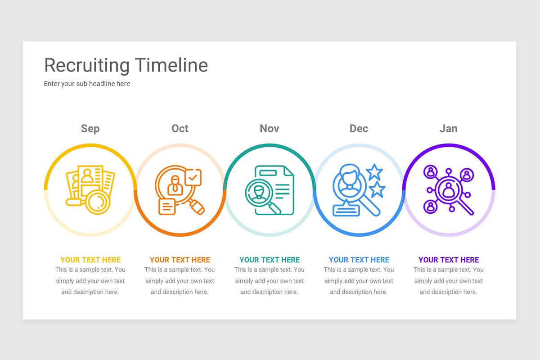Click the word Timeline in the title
[x=171, y=65]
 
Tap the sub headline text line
[x=87, y=84]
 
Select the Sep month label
[x=90, y=129]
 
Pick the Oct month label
[x=180, y=129]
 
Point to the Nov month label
[x=270, y=129]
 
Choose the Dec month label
[x=359, y=129]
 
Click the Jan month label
[x=448, y=129]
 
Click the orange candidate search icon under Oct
[x=180, y=189]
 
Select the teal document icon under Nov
[x=270, y=190]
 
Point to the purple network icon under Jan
[x=448, y=189]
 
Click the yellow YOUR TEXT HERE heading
[x=90, y=260]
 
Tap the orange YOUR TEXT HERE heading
[x=180, y=260]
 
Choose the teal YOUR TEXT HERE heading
[x=270, y=260]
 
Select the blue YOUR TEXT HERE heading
[x=359, y=260]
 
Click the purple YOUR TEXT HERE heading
[x=449, y=260]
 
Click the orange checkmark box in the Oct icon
[x=193, y=177]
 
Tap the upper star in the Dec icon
[x=374, y=172]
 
